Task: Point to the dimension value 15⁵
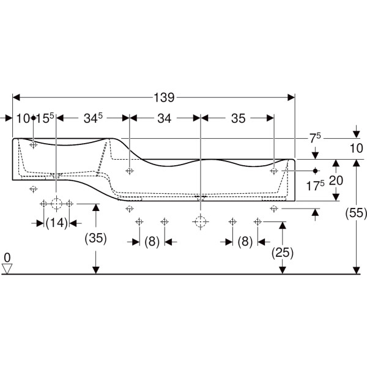pyautogui.click(x=45, y=118)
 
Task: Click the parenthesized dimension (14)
pyautogui.click(x=56, y=223)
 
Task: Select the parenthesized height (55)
pyautogui.click(x=355, y=213)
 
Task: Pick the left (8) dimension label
pyautogui.click(x=152, y=242)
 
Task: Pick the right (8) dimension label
pyautogui.click(x=245, y=242)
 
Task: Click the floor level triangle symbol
pyautogui.click(x=7, y=269)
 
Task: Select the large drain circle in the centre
pyautogui.click(x=200, y=221)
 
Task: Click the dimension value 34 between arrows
pyautogui.click(x=164, y=118)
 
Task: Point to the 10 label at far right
pyautogui.click(x=356, y=148)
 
